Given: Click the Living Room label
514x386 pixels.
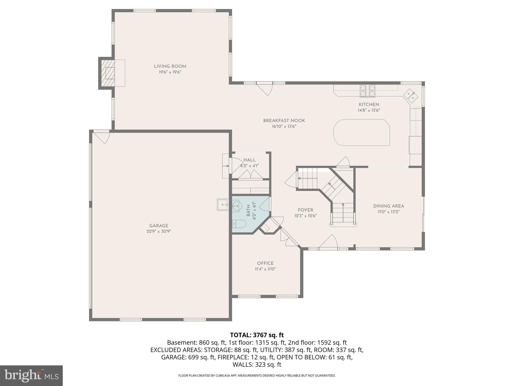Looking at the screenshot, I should [170, 66].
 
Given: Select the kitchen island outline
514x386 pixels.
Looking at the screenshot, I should [361, 132].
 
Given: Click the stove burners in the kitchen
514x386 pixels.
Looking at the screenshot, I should [368, 91].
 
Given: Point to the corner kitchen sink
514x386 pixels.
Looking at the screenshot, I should [411, 96].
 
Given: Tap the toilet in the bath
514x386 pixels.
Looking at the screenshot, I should [238, 223].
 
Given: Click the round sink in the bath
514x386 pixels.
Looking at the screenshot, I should [236, 206].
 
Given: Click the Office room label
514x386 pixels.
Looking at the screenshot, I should [265, 263].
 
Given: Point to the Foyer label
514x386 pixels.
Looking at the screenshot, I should [305, 210].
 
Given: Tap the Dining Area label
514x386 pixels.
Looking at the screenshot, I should [388, 206].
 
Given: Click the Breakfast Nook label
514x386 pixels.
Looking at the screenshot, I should [284, 121].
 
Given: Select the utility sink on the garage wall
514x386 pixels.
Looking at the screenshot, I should [223, 205].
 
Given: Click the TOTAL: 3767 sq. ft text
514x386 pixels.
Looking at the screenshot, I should [257, 335].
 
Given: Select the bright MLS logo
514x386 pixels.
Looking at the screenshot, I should [31, 375].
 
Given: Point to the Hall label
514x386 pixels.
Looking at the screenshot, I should [249, 160].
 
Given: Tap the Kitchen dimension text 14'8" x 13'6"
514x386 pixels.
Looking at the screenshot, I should [369, 110].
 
